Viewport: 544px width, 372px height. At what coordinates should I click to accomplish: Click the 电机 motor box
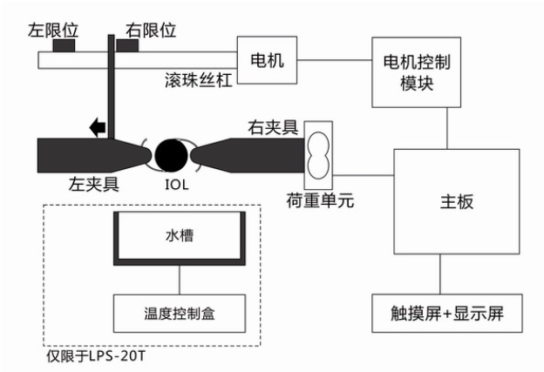(x=267, y=60)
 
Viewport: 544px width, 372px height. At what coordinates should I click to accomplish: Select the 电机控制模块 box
(x=417, y=72)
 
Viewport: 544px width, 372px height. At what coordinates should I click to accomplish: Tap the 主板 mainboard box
(x=457, y=201)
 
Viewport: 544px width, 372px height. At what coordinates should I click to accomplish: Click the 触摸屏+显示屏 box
(x=447, y=313)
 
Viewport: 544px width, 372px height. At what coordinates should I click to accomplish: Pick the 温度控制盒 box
(x=180, y=314)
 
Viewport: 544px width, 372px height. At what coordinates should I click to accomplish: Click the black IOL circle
(x=171, y=155)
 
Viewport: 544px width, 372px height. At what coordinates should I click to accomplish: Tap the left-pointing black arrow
(x=98, y=127)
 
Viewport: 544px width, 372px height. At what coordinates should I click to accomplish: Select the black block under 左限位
(x=64, y=45)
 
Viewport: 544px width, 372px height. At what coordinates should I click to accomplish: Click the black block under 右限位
(x=127, y=45)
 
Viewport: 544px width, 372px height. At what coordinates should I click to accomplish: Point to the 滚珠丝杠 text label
(x=198, y=80)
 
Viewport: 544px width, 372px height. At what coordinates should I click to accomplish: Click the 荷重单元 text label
(x=320, y=200)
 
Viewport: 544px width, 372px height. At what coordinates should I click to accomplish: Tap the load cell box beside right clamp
(x=318, y=155)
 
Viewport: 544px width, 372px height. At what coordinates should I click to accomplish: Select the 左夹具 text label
(x=94, y=184)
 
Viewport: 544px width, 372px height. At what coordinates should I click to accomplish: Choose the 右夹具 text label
(x=273, y=127)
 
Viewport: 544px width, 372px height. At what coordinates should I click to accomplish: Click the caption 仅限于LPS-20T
(x=96, y=356)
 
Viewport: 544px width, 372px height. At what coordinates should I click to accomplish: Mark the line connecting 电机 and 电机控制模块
(x=335, y=60)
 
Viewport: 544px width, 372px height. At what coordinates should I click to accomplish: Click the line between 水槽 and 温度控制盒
(x=180, y=281)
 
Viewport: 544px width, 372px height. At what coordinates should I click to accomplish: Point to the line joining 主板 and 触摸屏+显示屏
(x=440, y=274)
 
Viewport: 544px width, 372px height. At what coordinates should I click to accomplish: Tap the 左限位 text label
(x=53, y=30)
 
